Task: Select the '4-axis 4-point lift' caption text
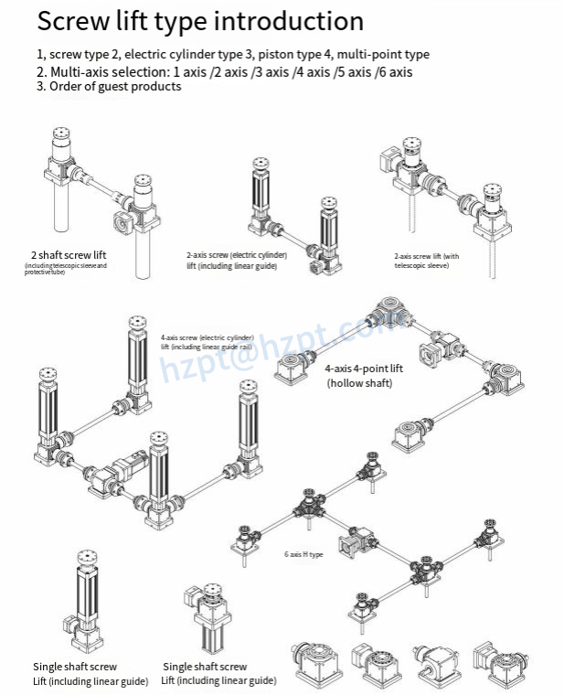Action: (x=363, y=368)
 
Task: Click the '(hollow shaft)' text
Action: (x=359, y=383)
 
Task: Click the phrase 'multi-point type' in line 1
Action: (x=383, y=55)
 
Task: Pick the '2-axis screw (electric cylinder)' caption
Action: (x=237, y=254)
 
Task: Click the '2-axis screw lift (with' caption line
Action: (x=426, y=256)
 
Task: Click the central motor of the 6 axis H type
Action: (x=352, y=544)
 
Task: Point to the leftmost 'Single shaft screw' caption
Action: (x=75, y=667)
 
